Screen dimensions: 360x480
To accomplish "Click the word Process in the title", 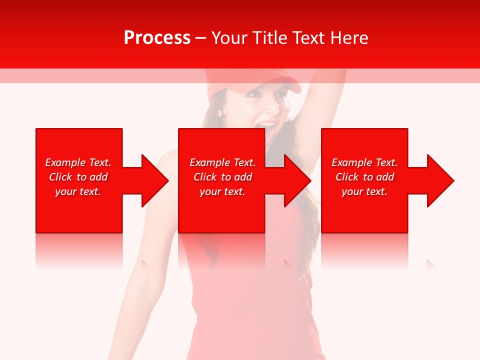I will tap(157, 38).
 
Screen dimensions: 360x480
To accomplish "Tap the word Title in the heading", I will tap(269, 38).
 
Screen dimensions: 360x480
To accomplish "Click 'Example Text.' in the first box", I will tap(78, 162).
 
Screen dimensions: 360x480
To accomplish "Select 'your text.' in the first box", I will tap(78, 191).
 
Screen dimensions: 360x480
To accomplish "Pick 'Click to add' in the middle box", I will tap(222, 177).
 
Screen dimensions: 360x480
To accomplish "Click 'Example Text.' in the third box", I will tap(364, 162).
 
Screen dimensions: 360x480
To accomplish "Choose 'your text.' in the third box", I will tap(364, 191).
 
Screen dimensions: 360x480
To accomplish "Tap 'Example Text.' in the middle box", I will tap(222, 162).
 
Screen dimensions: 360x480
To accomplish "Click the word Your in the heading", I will tap(229, 38).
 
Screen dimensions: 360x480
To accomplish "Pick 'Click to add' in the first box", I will tap(78, 177).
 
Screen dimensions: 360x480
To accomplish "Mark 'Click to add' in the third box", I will tap(364, 177).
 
